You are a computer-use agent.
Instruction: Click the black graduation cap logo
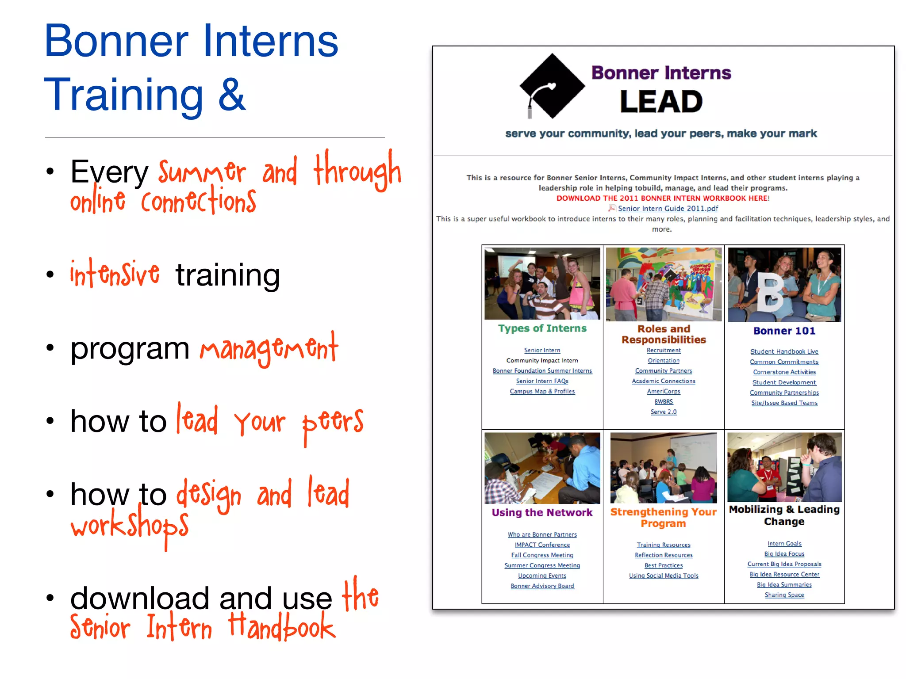click(x=552, y=86)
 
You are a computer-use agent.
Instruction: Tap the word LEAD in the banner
click(x=661, y=102)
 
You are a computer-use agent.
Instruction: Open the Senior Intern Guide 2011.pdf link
click(x=668, y=208)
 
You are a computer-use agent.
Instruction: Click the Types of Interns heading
click(x=542, y=328)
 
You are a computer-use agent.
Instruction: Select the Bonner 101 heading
click(x=784, y=331)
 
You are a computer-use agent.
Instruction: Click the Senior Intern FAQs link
click(x=542, y=381)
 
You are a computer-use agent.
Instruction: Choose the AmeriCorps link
click(x=663, y=391)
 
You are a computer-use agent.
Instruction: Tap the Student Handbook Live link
click(x=784, y=351)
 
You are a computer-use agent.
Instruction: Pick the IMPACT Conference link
click(x=542, y=545)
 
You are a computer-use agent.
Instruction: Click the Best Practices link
click(x=663, y=565)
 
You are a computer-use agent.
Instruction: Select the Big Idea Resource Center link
click(x=784, y=574)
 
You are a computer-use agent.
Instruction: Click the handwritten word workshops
click(x=129, y=526)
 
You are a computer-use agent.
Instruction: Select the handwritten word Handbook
click(x=282, y=627)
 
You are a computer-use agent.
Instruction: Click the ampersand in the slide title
click(x=231, y=95)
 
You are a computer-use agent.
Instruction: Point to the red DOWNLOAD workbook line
click(x=663, y=198)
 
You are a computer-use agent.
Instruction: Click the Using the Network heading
click(x=542, y=513)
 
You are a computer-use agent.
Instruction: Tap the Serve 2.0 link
click(x=663, y=412)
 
